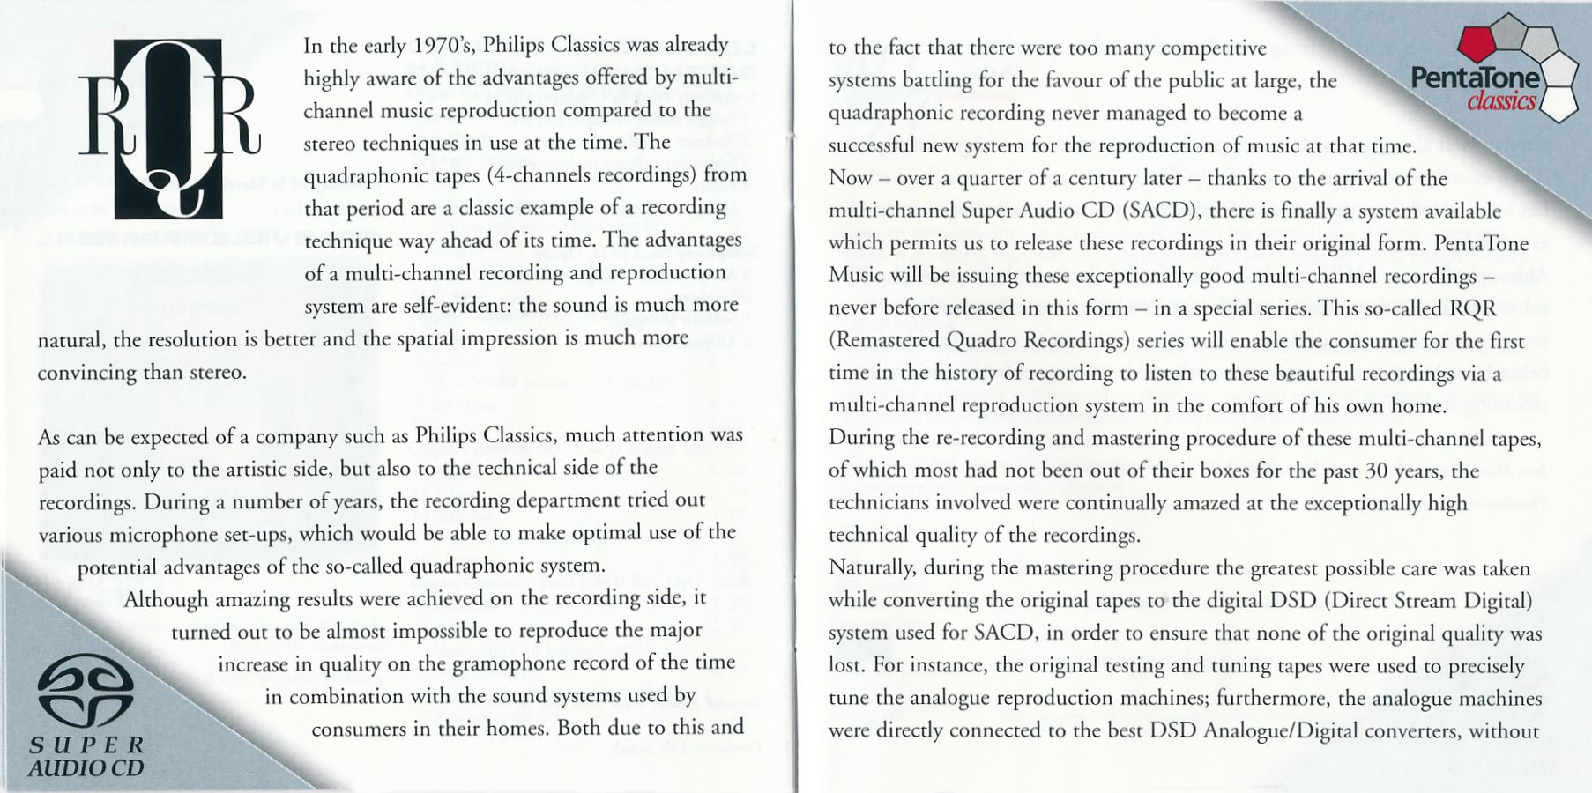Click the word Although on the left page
pyautogui.click(x=167, y=600)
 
